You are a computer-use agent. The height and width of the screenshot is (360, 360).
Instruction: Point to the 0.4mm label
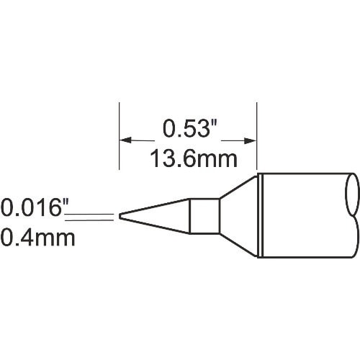tap(37, 237)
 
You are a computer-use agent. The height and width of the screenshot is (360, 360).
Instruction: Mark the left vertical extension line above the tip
tap(118, 137)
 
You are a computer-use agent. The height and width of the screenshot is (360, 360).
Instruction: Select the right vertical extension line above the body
tap(257, 137)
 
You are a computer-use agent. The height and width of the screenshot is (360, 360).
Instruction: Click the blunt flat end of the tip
tap(120, 215)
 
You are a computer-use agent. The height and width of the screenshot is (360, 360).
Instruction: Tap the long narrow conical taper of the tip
tap(155, 215)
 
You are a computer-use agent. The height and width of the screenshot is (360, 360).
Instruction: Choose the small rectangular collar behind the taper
tap(203, 215)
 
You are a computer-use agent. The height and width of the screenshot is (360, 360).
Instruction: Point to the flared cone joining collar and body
tap(238, 215)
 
